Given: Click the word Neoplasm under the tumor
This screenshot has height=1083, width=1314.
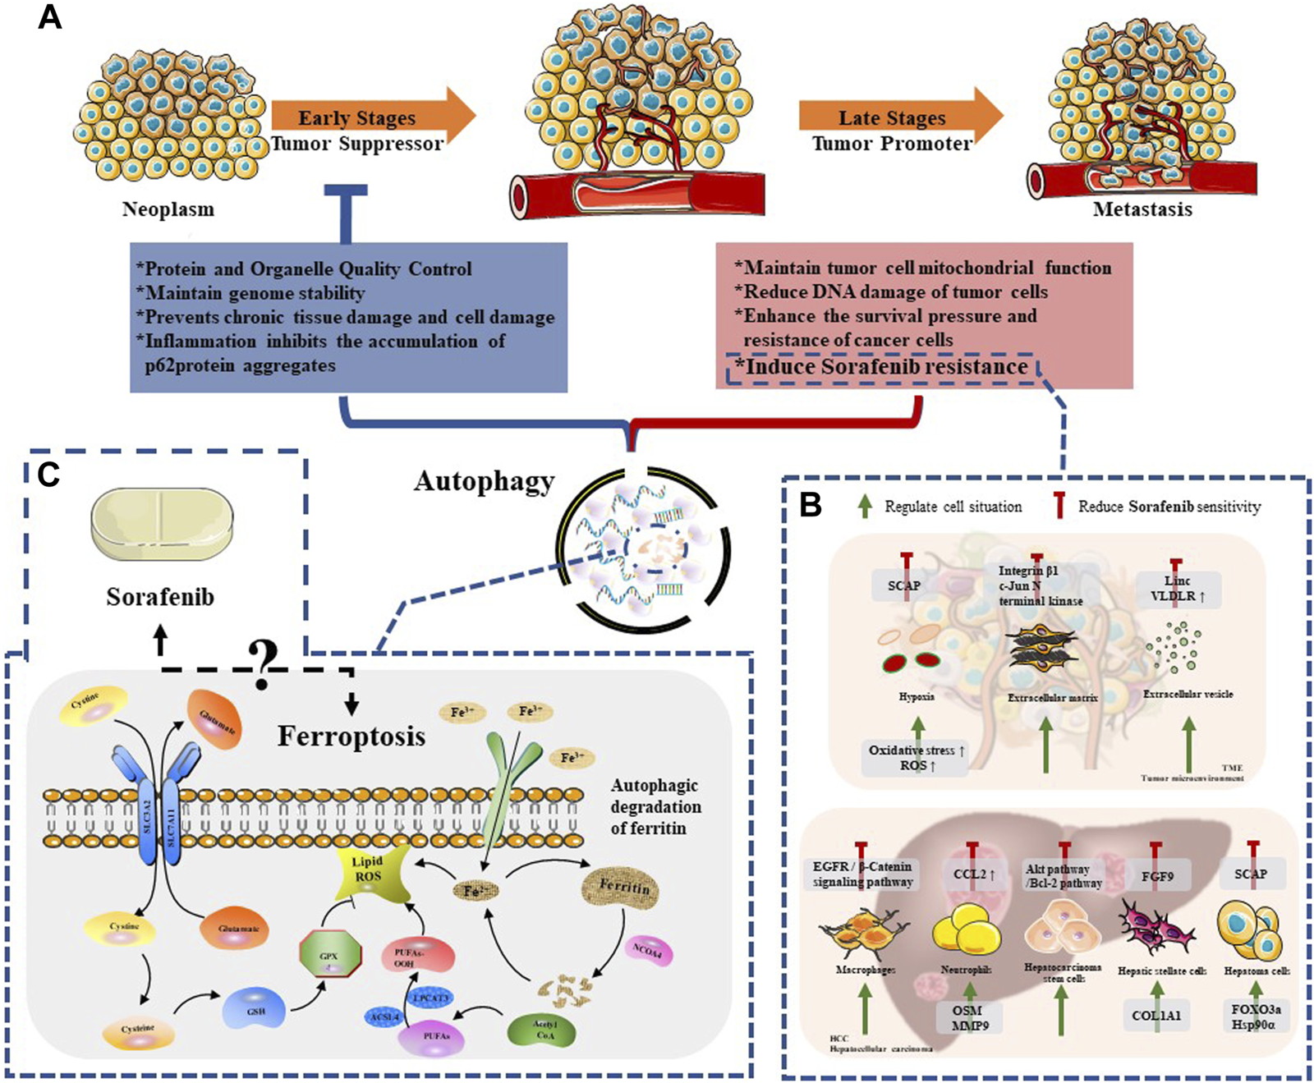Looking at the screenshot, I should click(x=168, y=209).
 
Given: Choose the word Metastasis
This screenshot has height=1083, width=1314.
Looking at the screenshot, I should click(x=1142, y=209).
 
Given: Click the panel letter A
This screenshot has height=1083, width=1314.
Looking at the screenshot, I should click(x=50, y=16).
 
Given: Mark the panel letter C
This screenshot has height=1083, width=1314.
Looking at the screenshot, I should click(x=48, y=475).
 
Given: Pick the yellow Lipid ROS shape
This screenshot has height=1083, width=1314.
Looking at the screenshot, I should click(x=368, y=873).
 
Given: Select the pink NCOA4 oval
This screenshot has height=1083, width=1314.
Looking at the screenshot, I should click(x=648, y=951).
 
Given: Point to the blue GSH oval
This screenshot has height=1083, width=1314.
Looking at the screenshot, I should click(x=255, y=1009).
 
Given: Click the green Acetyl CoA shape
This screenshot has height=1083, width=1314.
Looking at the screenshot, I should click(x=544, y=1030).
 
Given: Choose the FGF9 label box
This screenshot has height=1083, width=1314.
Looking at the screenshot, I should click(x=1157, y=876).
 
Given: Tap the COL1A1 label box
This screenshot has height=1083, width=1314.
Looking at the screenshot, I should click(x=1156, y=1016).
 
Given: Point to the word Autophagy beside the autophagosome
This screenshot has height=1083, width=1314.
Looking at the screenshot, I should click(x=484, y=481).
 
